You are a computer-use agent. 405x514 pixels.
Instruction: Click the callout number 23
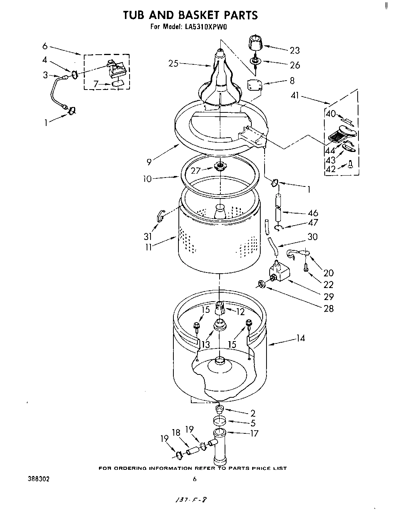(x=294, y=50)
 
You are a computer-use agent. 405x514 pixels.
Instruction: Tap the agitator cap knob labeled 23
(x=254, y=42)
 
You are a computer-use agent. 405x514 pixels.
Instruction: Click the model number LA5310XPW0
(x=209, y=27)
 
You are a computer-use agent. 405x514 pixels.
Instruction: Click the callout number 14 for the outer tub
(x=300, y=338)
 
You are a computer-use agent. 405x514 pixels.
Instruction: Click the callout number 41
(x=296, y=95)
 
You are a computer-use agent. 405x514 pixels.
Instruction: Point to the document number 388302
(x=35, y=479)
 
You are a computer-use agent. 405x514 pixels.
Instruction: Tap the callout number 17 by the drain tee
(x=254, y=433)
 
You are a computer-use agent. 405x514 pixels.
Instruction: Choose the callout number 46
(x=312, y=212)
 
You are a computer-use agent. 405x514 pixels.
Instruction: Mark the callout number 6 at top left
(x=45, y=46)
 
